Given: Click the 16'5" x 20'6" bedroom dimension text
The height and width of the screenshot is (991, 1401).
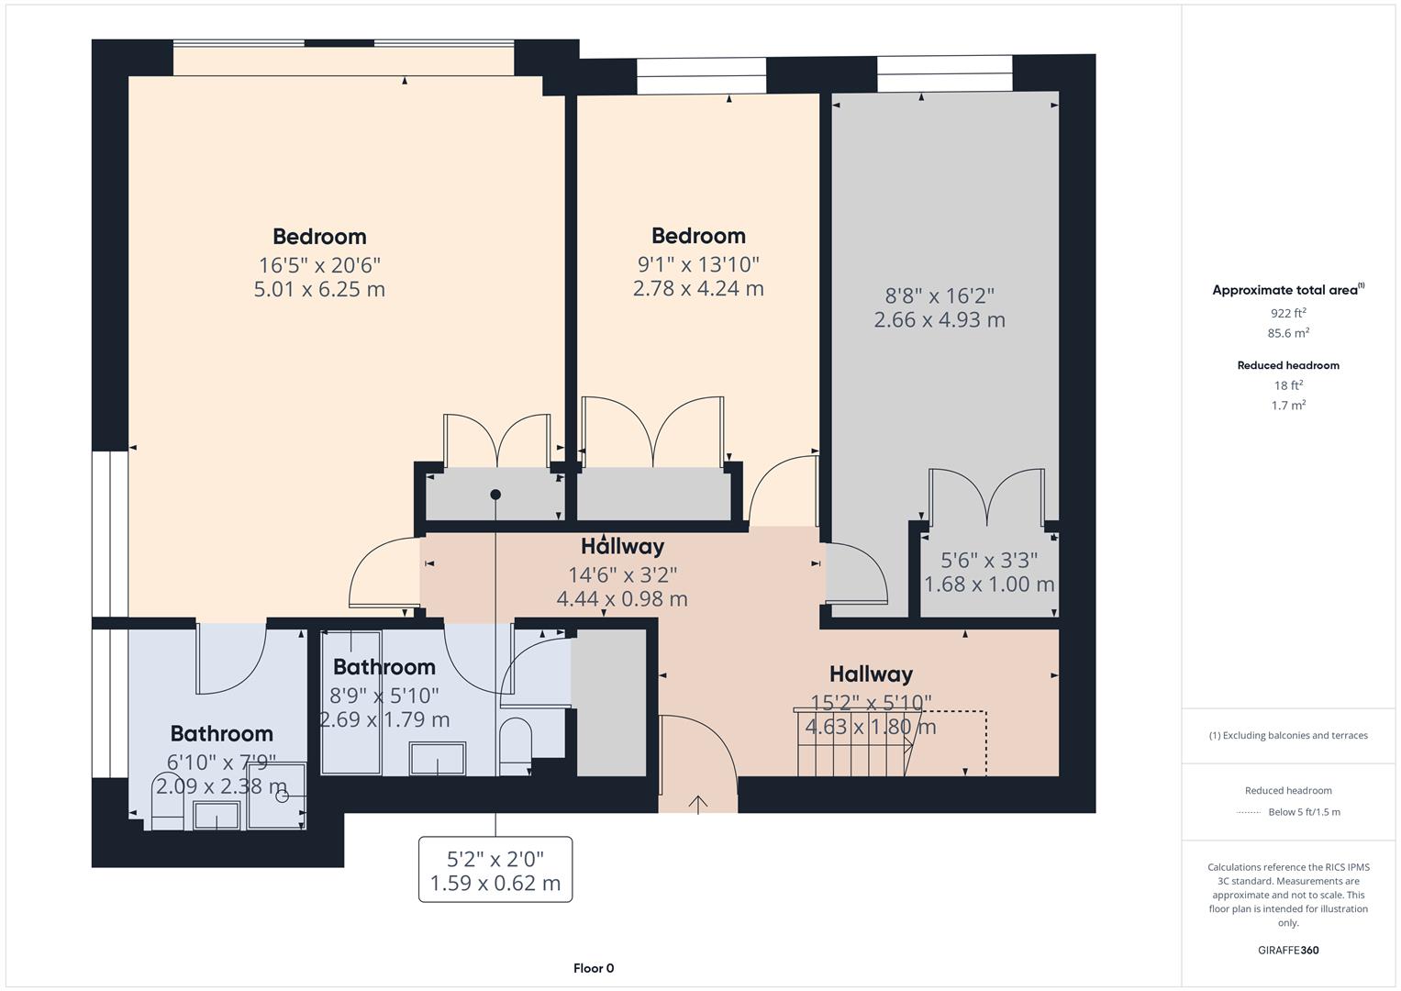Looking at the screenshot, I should pos(319,265).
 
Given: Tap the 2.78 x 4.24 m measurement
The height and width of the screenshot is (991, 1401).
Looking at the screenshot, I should pos(698,288).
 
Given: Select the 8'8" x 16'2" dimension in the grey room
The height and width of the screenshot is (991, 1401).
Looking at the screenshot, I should pos(940,295).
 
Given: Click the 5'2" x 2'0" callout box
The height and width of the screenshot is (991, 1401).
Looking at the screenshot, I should pos(495,870).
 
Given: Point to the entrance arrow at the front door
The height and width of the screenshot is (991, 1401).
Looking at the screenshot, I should pos(698,804).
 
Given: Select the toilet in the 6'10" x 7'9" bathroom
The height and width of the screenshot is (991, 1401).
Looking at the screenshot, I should pos(167,807).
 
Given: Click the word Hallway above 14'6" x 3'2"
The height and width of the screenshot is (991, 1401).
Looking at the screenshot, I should pos(622,547).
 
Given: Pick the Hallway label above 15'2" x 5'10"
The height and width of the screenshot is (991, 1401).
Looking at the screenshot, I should pos(871,674).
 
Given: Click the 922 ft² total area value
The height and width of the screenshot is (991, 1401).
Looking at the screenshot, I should pos(1288,313).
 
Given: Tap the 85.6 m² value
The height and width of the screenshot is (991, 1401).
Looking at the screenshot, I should pos(1288,333).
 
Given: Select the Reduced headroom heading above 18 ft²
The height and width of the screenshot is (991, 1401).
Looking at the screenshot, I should pos(1288,365).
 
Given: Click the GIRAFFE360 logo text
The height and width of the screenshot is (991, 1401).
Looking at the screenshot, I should pos(1288,950).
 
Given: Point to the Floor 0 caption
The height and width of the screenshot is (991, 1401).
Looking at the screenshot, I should pos(594,968).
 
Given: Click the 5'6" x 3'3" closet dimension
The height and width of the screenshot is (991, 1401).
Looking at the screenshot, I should pos(989,560).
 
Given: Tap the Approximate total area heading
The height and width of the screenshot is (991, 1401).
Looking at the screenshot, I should pos(1284,290).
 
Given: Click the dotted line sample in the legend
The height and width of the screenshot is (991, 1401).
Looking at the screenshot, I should pos(1249,812).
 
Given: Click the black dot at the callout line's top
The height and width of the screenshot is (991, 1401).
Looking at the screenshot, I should pos(495,495).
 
